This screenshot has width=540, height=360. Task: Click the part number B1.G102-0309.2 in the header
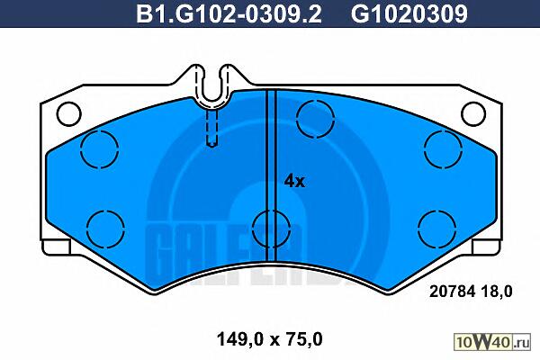click(229, 13)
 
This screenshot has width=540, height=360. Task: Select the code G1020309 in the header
click(409, 13)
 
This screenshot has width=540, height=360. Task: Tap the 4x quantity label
click(294, 181)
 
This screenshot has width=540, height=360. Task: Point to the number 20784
click(453, 292)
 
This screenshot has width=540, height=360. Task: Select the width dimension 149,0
click(240, 339)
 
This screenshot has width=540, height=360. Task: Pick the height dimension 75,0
click(303, 339)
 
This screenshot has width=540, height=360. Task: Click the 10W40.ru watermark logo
click(492, 342)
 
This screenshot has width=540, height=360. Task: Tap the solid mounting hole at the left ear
click(69, 113)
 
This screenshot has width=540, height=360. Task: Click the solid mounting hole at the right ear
click(473, 113)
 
